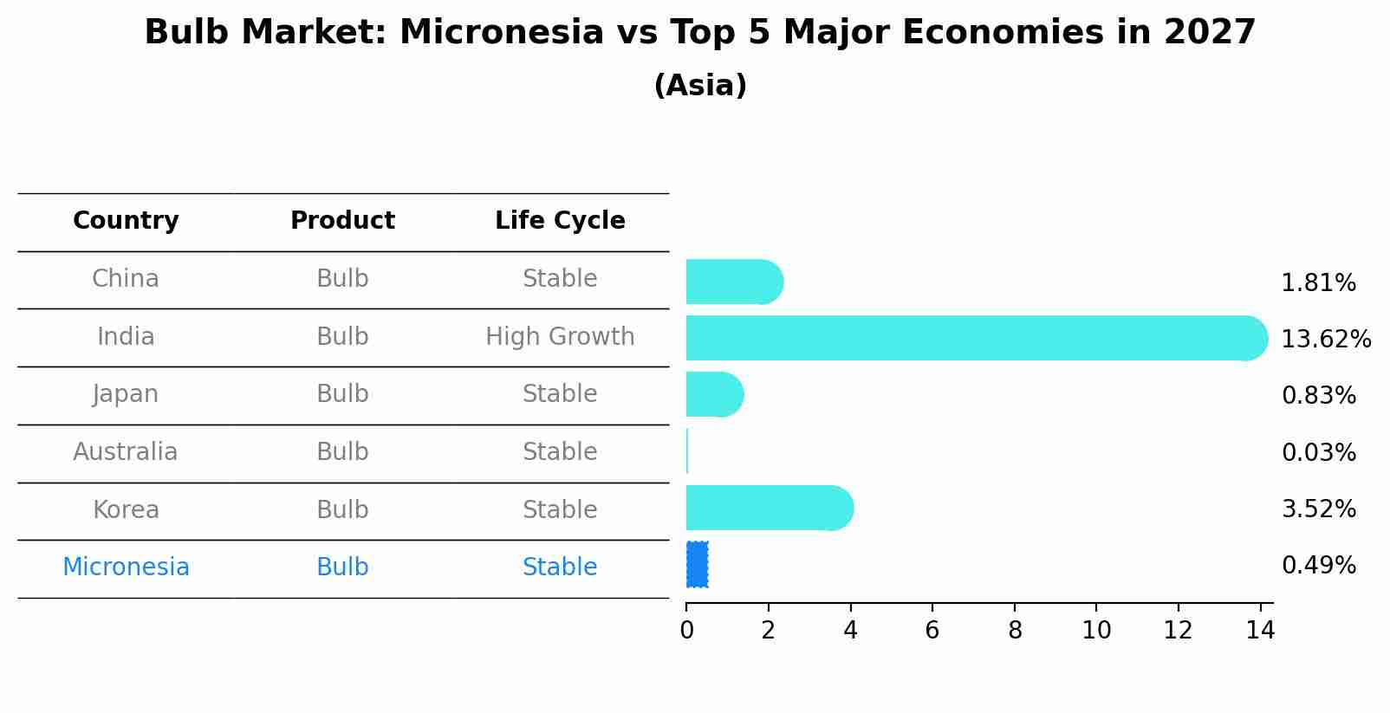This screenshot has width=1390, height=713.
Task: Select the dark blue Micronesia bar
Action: [x=698, y=565]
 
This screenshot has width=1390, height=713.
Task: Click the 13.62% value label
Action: [x=1325, y=339]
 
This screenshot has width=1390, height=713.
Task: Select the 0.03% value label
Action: [x=1318, y=452]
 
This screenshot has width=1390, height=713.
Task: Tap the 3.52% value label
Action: [x=1318, y=509]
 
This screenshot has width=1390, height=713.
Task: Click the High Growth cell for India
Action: [x=560, y=336]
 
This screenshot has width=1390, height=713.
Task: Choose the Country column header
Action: [x=126, y=221]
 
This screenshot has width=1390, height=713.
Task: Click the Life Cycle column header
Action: [x=560, y=221]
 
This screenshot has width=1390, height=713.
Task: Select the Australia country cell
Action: [x=126, y=451]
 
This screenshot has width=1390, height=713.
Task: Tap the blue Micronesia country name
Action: [x=126, y=567]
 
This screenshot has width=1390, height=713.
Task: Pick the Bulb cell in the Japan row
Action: [x=342, y=394]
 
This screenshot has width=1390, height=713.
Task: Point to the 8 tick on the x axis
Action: [x=1014, y=630]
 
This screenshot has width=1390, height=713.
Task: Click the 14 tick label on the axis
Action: [x=1260, y=630]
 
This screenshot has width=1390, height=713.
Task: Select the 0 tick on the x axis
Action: [x=686, y=630]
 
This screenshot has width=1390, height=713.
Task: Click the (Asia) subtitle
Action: [x=700, y=86]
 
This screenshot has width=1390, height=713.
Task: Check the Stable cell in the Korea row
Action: [x=560, y=509]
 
